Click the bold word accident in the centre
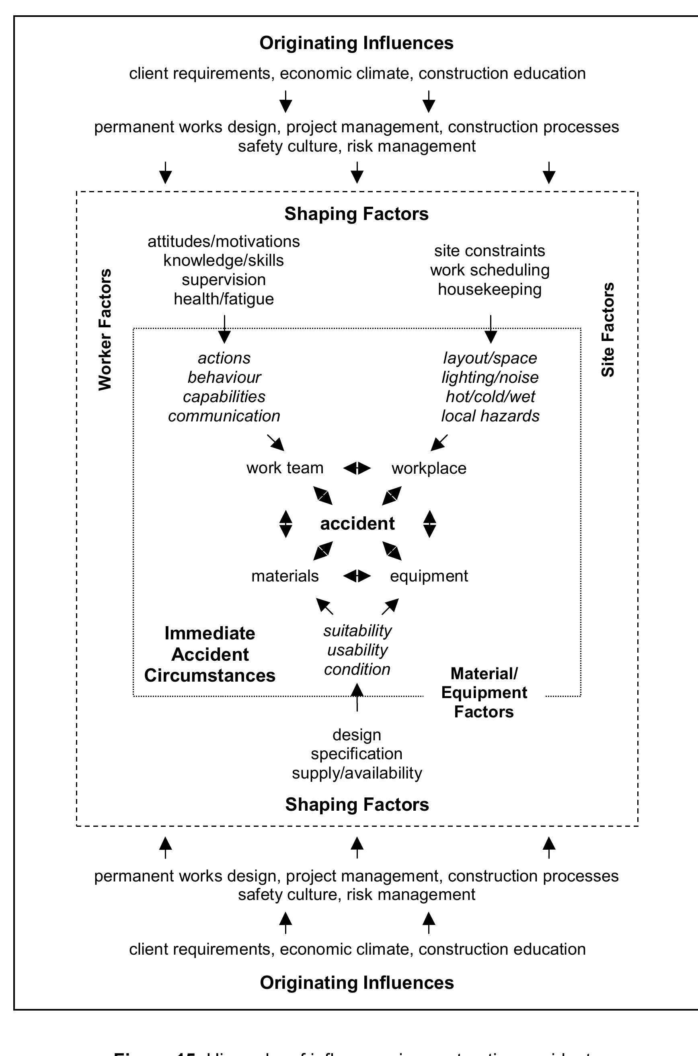tap(357, 524)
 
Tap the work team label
tap(285, 468)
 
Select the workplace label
tap(429, 468)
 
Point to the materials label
tap(285, 576)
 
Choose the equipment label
tap(429, 576)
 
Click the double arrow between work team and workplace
tap(357, 468)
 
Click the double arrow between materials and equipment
tap(357, 576)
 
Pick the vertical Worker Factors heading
tap(105, 330)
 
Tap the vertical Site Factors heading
tap(608, 330)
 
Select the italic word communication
tap(224, 416)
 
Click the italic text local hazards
tap(490, 416)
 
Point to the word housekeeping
tap(490, 290)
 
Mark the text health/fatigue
tap(224, 299)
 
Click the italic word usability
tap(357, 650)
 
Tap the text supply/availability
tap(357, 773)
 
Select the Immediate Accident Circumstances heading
tap(209, 654)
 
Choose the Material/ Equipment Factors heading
tap(484, 693)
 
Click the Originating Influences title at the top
tap(357, 43)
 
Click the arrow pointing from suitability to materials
tap(324, 606)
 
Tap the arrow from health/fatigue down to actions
tap(224, 329)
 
